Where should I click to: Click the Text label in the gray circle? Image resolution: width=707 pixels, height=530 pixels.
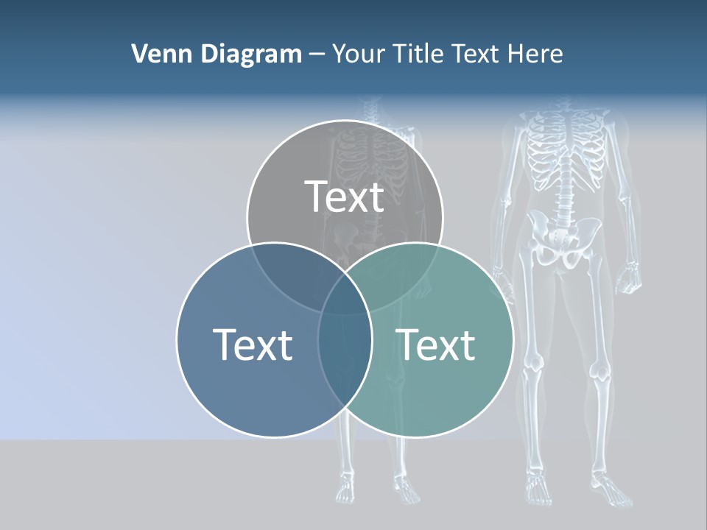click(x=345, y=197)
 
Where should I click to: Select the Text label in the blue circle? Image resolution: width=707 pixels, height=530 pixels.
click(x=253, y=344)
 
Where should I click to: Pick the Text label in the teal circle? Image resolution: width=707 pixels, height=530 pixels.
click(x=436, y=344)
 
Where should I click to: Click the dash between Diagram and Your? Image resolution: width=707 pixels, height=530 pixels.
click(x=317, y=54)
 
